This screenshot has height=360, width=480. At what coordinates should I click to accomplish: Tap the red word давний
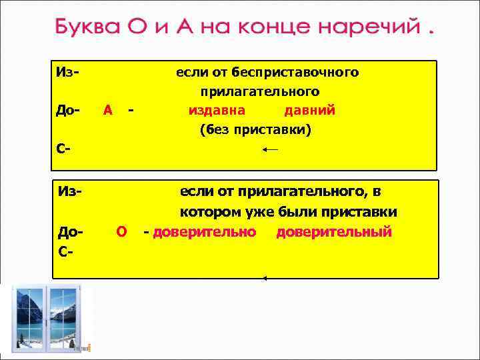click(x=309, y=110)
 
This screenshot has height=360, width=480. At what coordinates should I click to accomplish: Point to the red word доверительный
click(x=334, y=232)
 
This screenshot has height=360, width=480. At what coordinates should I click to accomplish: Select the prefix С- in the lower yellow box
click(x=65, y=252)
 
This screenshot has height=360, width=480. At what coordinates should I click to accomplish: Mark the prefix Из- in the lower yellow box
click(x=70, y=192)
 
